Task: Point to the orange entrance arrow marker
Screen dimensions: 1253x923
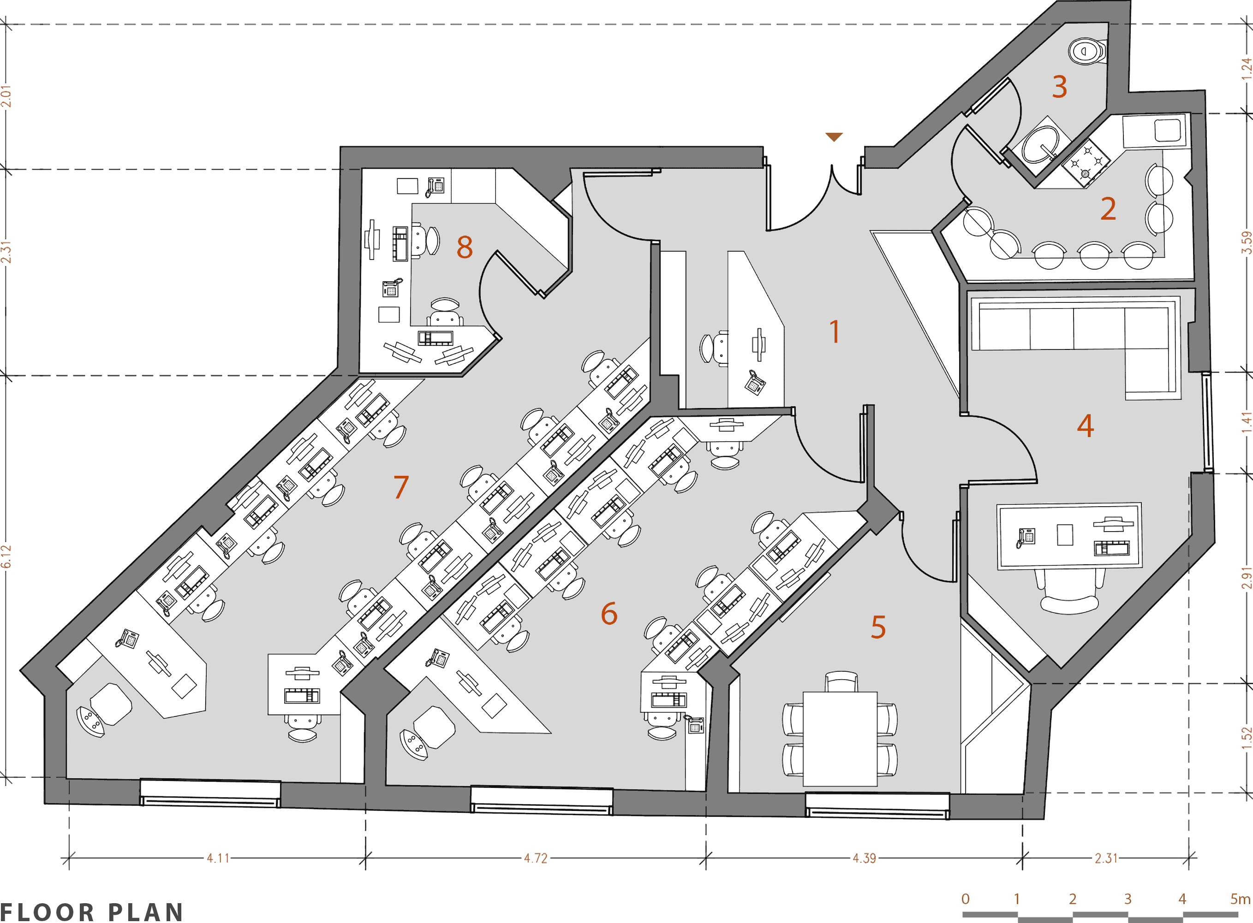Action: pyautogui.click(x=834, y=137)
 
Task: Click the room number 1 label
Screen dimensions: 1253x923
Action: pyautogui.click(x=834, y=331)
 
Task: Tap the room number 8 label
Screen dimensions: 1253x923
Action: pyautogui.click(x=465, y=247)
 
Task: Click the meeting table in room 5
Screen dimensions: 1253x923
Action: pyautogui.click(x=840, y=739)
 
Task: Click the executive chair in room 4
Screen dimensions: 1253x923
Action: pyautogui.click(x=1069, y=591)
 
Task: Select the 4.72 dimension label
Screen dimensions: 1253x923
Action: pyautogui.click(x=535, y=858)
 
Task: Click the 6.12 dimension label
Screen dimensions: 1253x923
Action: pyautogui.click(x=6, y=556)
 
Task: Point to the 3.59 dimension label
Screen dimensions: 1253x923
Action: pyautogui.click(x=1246, y=243)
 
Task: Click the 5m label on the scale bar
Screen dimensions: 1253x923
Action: pyautogui.click(x=1240, y=899)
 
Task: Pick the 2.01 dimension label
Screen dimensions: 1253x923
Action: pyautogui.click(x=6, y=96)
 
